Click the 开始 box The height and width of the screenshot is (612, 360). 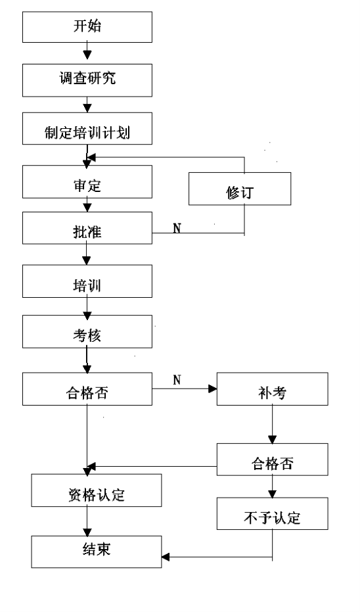[87, 27]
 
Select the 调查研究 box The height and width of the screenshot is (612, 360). [87, 80]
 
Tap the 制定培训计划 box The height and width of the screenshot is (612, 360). [87, 128]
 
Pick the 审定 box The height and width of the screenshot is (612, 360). [87, 181]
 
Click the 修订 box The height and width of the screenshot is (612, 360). [240, 189]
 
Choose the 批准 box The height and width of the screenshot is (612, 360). [87, 228]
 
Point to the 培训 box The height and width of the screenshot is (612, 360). [87, 281]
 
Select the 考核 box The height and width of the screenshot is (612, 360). [87, 332]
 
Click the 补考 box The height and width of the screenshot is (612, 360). [272, 388]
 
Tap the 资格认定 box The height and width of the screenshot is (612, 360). [97, 490]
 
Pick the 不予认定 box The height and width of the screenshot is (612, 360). [272, 513]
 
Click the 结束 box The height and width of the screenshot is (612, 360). [97, 552]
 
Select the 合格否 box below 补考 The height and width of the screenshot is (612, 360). [272, 459]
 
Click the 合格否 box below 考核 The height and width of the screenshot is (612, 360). [87, 388]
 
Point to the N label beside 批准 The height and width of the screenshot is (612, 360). [177, 228]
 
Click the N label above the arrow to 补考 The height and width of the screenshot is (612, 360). [177, 380]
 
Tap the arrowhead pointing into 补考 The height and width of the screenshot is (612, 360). [213, 388]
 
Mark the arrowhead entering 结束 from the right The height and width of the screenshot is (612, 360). [166, 557]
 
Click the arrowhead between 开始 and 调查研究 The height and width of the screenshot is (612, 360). [87, 55]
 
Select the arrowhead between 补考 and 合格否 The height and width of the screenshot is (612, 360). [272, 439]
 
